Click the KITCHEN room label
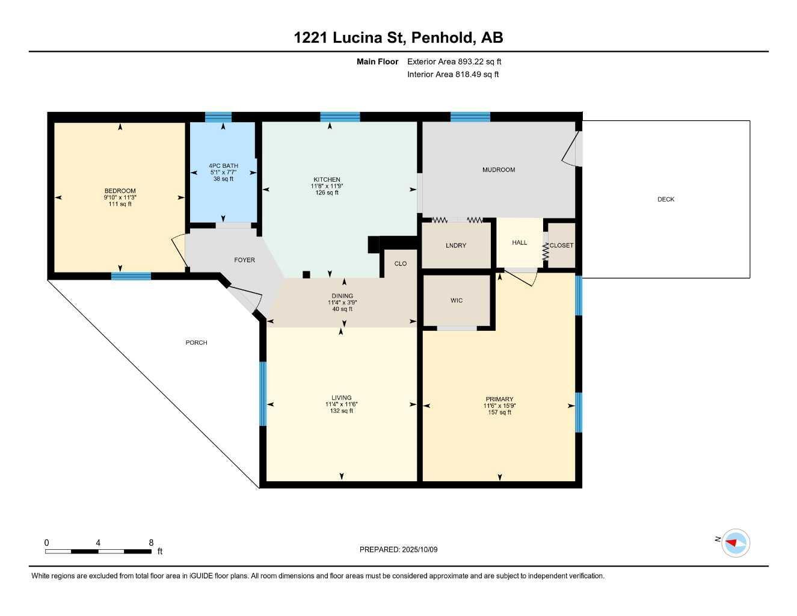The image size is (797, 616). click(327, 179)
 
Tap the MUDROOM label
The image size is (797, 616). click(499, 170)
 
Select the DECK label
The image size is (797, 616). click(665, 199)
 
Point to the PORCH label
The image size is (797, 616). click(196, 342)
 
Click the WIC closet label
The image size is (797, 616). click(457, 300)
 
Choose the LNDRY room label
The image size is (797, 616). click(456, 245)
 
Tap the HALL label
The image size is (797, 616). click(519, 242)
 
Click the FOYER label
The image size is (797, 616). click(244, 260)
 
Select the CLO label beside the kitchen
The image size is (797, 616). click(401, 263)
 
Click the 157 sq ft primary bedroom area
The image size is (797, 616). click(499, 413)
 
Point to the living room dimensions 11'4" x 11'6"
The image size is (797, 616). click(341, 404)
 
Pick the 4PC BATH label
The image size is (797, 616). click(223, 165)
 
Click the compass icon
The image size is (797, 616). click(736, 543)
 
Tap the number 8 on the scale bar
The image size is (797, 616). click(151, 542)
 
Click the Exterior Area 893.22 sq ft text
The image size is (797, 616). click(454, 61)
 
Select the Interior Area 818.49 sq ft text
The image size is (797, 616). click(453, 75)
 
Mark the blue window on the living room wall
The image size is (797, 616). click(262, 393)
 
